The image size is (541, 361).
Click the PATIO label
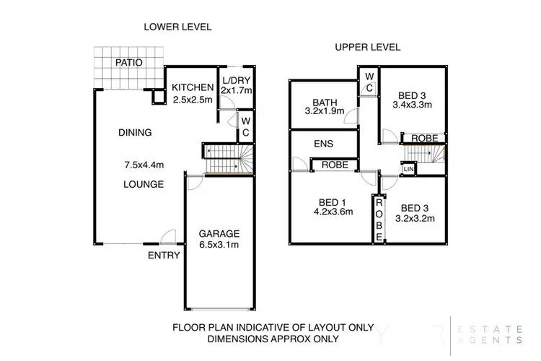point(128,63)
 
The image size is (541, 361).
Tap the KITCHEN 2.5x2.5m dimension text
point(193,100)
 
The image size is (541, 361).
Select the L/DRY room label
point(237,80)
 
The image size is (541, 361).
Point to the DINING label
point(135,132)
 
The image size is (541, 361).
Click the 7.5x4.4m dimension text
point(144,165)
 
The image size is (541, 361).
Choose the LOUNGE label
point(144,184)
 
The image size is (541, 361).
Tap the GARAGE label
point(219,234)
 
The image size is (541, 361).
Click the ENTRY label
point(164,256)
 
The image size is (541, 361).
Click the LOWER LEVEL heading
point(177,27)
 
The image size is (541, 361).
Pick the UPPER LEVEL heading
point(368,48)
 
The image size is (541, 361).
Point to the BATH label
point(325,103)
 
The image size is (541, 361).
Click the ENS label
point(324,144)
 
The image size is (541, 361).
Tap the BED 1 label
point(333,202)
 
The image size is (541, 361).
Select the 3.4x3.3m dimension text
point(413,105)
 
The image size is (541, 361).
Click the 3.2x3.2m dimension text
point(415,218)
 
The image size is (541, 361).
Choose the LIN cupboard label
point(408,169)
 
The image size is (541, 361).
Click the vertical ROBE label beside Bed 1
point(379,219)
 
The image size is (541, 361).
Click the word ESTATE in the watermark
point(490,329)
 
